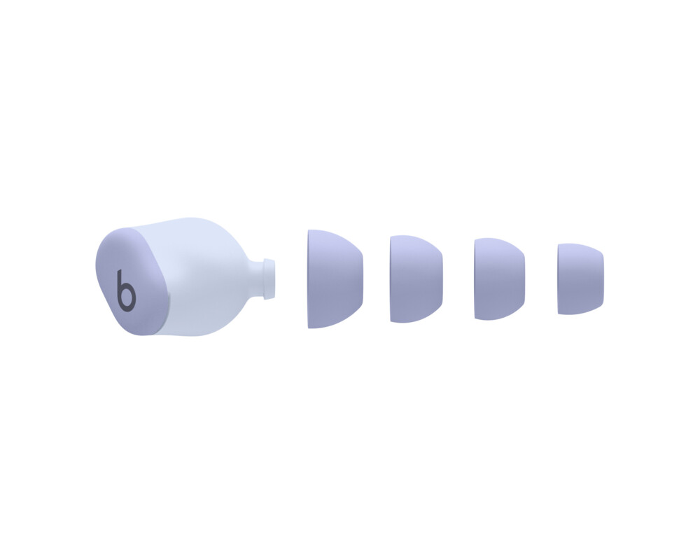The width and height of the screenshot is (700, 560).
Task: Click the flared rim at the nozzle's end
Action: (x=269, y=278)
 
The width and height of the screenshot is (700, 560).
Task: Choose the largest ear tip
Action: (x=334, y=278)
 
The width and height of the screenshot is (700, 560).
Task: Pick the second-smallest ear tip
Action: (x=500, y=279)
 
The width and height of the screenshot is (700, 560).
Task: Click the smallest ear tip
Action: (x=580, y=279)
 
